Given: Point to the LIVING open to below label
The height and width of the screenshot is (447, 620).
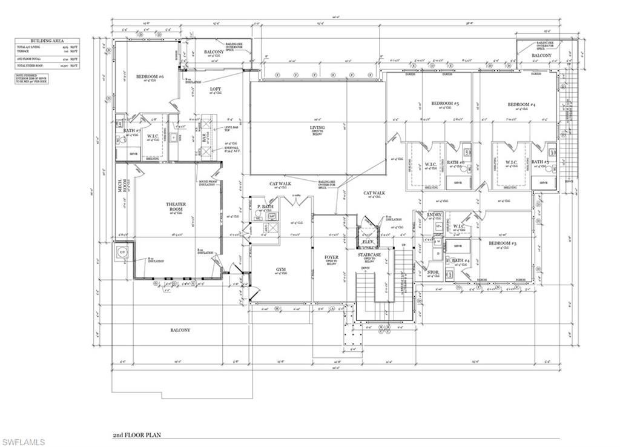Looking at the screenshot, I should click(x=317, y=128).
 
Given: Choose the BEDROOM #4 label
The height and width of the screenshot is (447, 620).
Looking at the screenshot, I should click(x=521, y=105).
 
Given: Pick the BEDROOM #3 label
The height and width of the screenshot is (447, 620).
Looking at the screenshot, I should click(x=503, y=243).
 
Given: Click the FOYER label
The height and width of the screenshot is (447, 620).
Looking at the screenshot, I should click(x=331, y=257).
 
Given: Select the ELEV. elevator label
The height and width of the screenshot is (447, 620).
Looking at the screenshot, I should click(x=368, y=242).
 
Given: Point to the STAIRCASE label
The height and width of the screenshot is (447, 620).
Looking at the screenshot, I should click(x=368, y=255).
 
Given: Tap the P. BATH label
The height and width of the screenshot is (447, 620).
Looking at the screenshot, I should click(x=265, y=207).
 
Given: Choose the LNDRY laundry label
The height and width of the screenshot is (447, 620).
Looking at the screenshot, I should click(x=434, y=215).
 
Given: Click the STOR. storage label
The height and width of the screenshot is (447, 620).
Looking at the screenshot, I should click(x=433, y=273).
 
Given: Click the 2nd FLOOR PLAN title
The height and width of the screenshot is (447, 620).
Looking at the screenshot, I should click(x=137, y=435).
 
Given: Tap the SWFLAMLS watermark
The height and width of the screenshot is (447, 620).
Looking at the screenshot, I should click(x=23, y=442).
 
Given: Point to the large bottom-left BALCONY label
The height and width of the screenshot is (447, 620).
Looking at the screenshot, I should click(x=179, y=330).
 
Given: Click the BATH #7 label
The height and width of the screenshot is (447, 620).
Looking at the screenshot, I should click(x=132, y=131).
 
